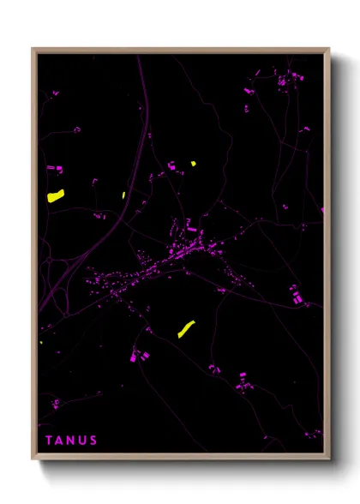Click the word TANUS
pos(71,441)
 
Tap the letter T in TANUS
pos(49,441)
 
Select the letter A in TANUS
pos(59,441)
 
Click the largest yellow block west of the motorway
pos(56,195)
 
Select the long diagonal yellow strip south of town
pos(186,328)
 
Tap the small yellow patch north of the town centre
pos(193,163)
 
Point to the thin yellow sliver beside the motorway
pos(123,195)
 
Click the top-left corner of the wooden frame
pos(33,49)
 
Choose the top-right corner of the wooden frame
pos(328,49)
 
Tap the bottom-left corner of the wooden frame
pos(33,459)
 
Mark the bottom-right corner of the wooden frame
pos(328,459)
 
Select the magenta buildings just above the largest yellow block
pos(52,169)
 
